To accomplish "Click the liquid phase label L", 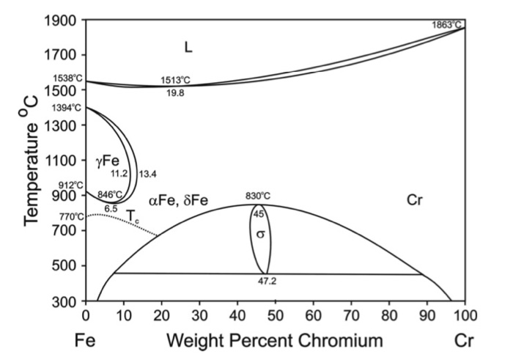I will click(188, 48).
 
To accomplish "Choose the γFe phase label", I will click(106, 159).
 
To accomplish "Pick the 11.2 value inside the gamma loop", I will click(119, 174).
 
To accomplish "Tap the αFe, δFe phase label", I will click(180, 200).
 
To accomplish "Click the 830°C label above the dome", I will click(259, 196).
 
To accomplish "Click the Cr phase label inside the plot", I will click(416, 199).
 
